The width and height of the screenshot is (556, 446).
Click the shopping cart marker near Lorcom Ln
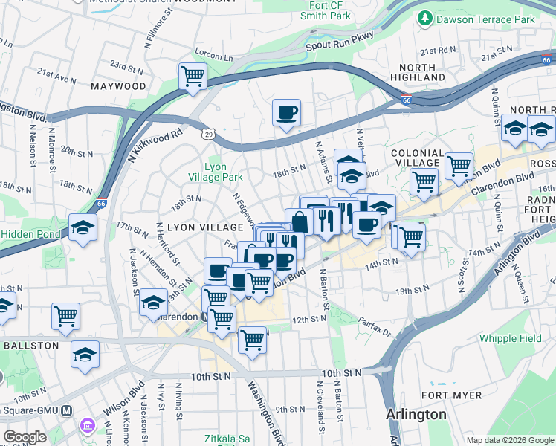[x=193, y=76]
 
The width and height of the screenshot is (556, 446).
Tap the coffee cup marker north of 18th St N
[x=286, y=113]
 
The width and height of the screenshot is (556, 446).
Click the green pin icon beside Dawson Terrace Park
[x=425, y=17]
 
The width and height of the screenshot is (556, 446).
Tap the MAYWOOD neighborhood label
[x=119, y=86]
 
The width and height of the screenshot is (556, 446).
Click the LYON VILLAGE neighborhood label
[x=186, y=225]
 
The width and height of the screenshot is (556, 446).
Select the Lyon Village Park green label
[x=223, y=172]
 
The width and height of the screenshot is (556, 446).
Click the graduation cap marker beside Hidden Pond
[x=83, y=228]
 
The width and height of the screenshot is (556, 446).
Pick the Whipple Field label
[x=510, y=338]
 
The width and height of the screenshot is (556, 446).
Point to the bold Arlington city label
[x=416, y=414]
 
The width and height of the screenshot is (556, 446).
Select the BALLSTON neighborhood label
[x=30, y=346]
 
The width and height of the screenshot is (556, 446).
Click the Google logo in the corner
[x=24, y=436]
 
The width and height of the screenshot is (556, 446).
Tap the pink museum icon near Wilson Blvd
[x=88, y=427]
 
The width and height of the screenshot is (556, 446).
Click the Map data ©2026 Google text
[x=509, y=440]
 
